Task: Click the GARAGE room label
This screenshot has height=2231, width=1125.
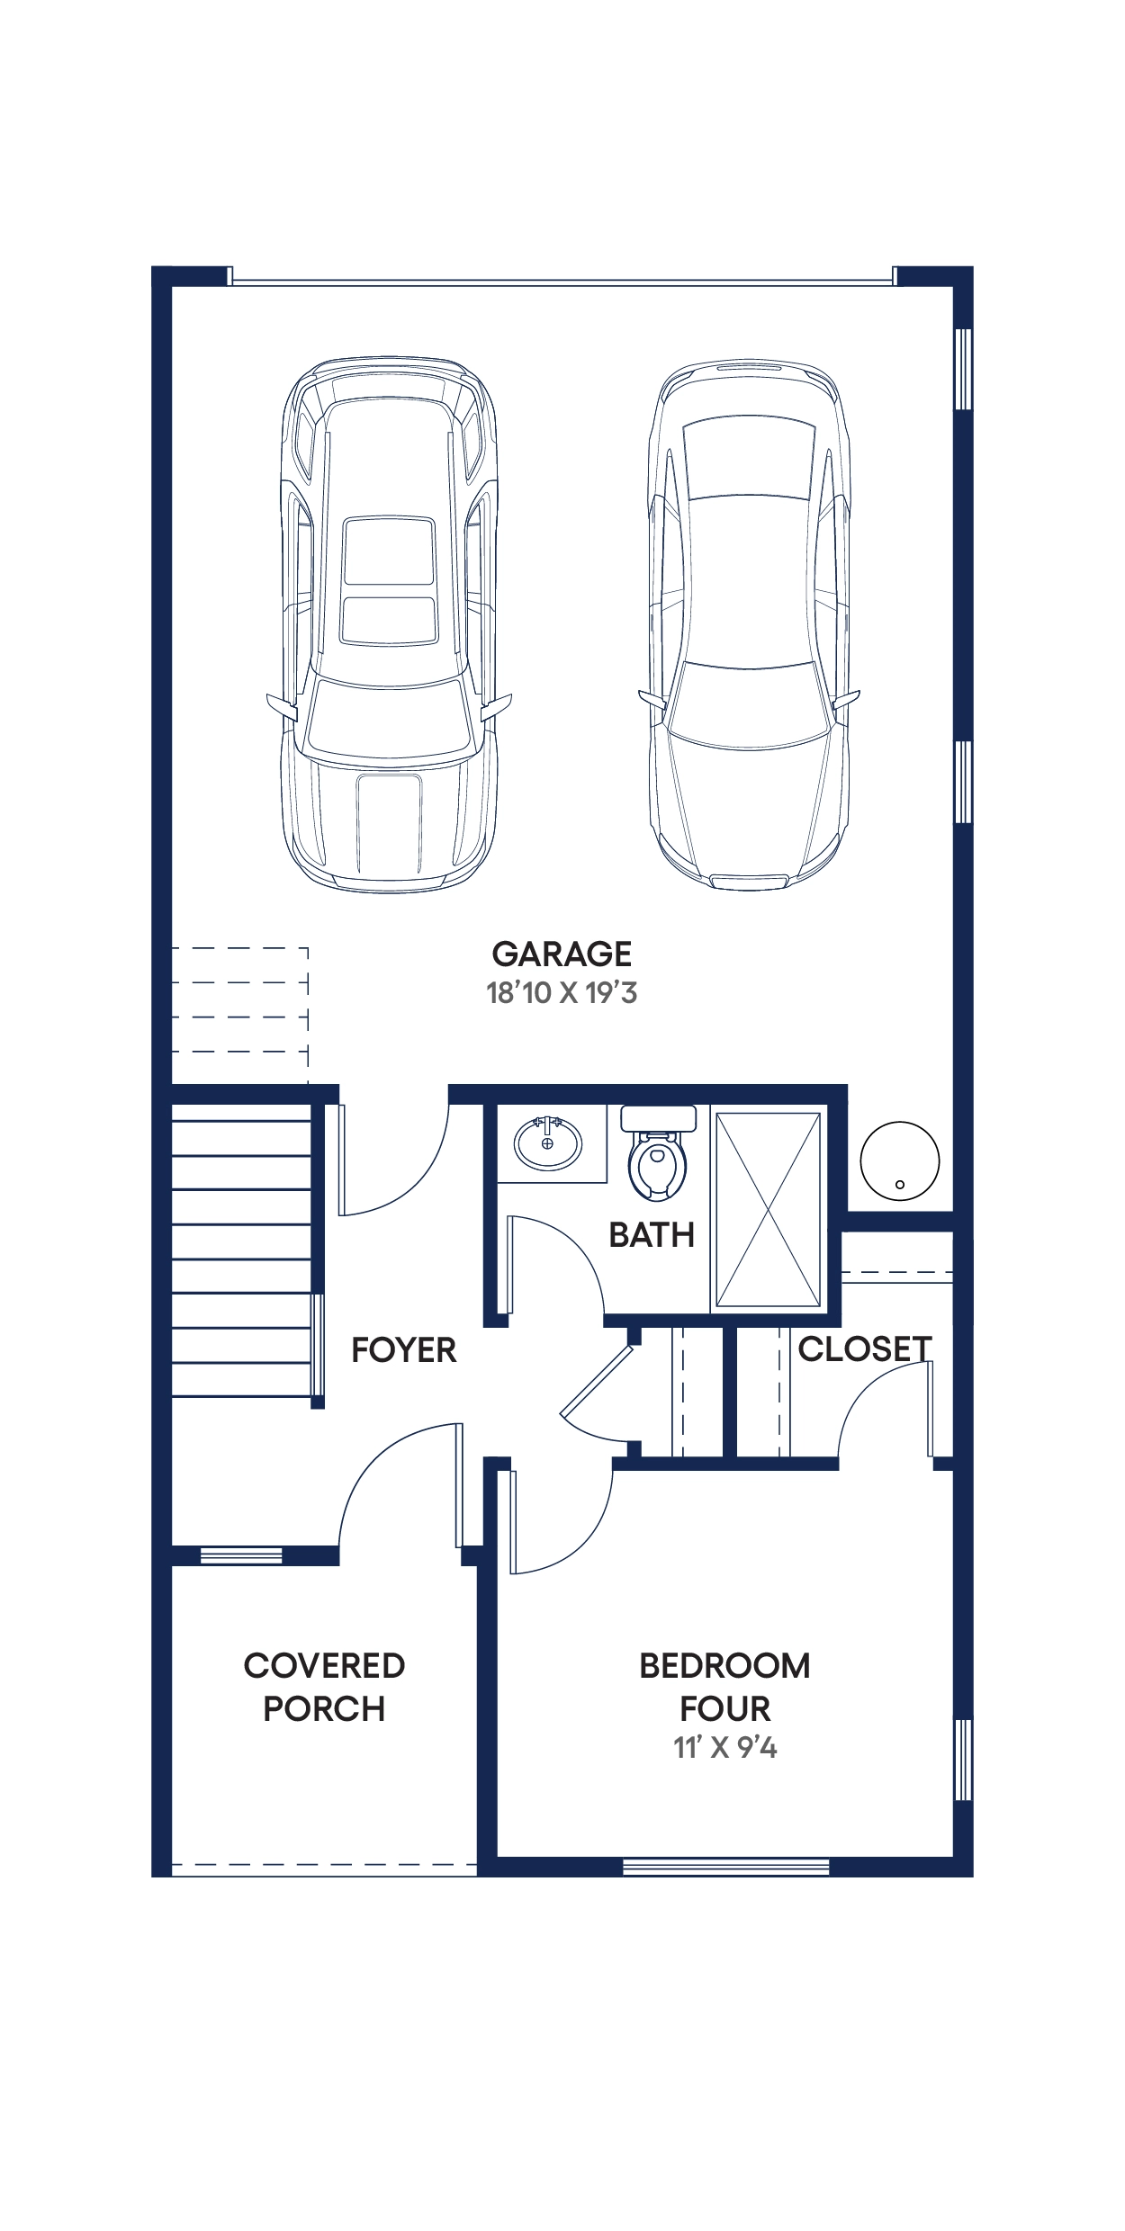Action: [562, 954]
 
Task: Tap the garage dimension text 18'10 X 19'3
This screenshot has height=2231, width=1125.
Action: [562, 993]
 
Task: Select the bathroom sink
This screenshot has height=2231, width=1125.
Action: [547, 1143]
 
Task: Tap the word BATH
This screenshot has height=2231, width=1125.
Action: [652, 1235]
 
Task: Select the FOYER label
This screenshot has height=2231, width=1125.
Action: [403, 1350]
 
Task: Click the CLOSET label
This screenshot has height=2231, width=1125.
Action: [864, 1348]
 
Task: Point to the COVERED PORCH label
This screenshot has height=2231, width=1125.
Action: [324, 1687]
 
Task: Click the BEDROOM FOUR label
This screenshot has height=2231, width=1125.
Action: [724, 1687]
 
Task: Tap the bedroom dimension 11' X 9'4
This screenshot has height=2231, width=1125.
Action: [725, 1747]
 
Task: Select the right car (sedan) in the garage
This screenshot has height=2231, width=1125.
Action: [749, 626]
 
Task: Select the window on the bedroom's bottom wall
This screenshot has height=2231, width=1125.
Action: [725, 1867]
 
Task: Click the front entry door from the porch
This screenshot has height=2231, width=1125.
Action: [378, 1458]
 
